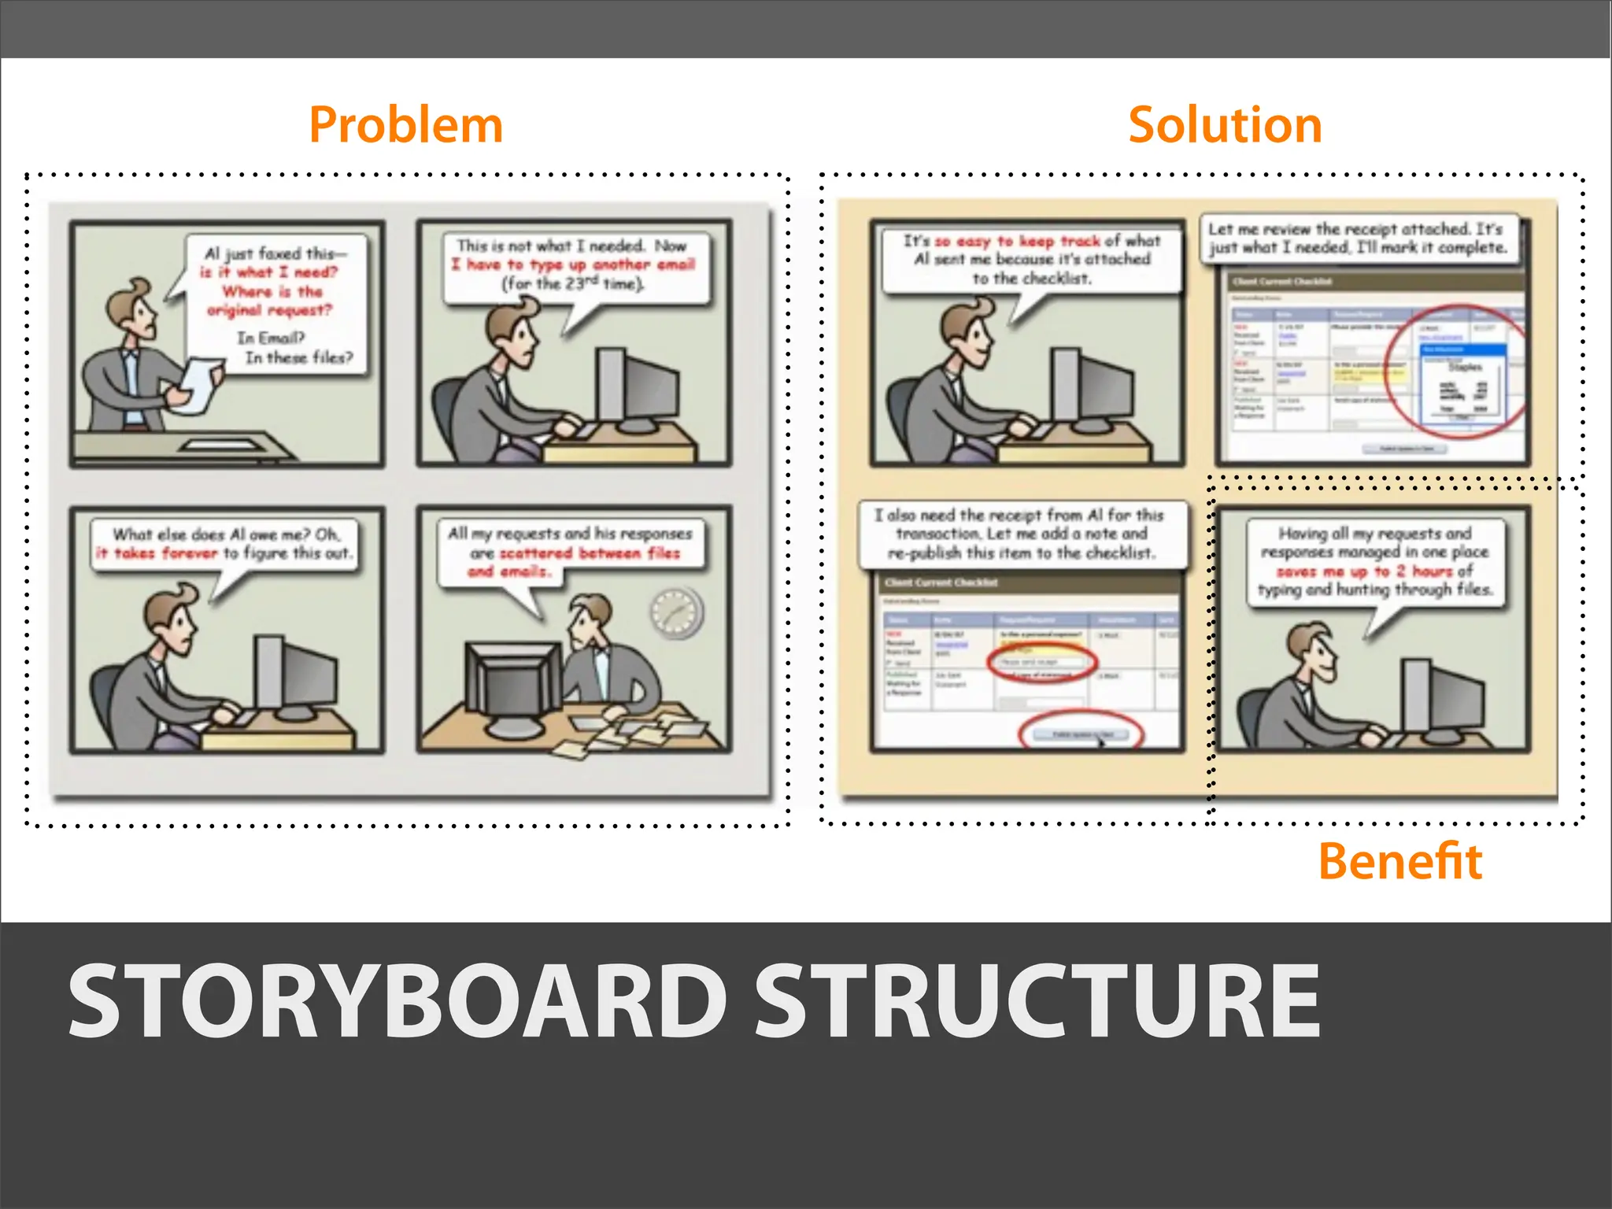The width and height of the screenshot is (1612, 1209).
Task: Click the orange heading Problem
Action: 405,125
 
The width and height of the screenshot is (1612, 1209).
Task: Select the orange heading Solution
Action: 1225,125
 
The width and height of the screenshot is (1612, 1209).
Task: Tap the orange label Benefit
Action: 1399,861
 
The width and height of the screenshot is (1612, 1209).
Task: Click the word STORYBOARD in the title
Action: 397,1002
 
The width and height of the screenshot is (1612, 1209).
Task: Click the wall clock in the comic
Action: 676,612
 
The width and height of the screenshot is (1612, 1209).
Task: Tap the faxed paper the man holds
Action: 197,384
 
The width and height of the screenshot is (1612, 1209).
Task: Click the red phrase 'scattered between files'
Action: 590,553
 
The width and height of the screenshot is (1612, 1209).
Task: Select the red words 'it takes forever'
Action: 157,553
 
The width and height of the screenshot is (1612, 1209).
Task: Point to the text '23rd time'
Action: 582,283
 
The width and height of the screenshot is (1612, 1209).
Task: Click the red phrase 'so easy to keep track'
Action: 1017,241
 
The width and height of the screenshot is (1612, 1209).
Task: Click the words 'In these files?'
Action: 299,357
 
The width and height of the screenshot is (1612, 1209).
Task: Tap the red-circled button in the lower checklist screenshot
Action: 1081,734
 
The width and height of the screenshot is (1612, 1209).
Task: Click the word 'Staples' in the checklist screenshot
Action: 1465,367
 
